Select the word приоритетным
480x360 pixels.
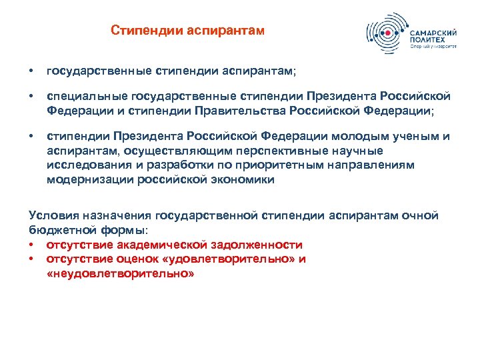pyautogui.click(x=275, y=165)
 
